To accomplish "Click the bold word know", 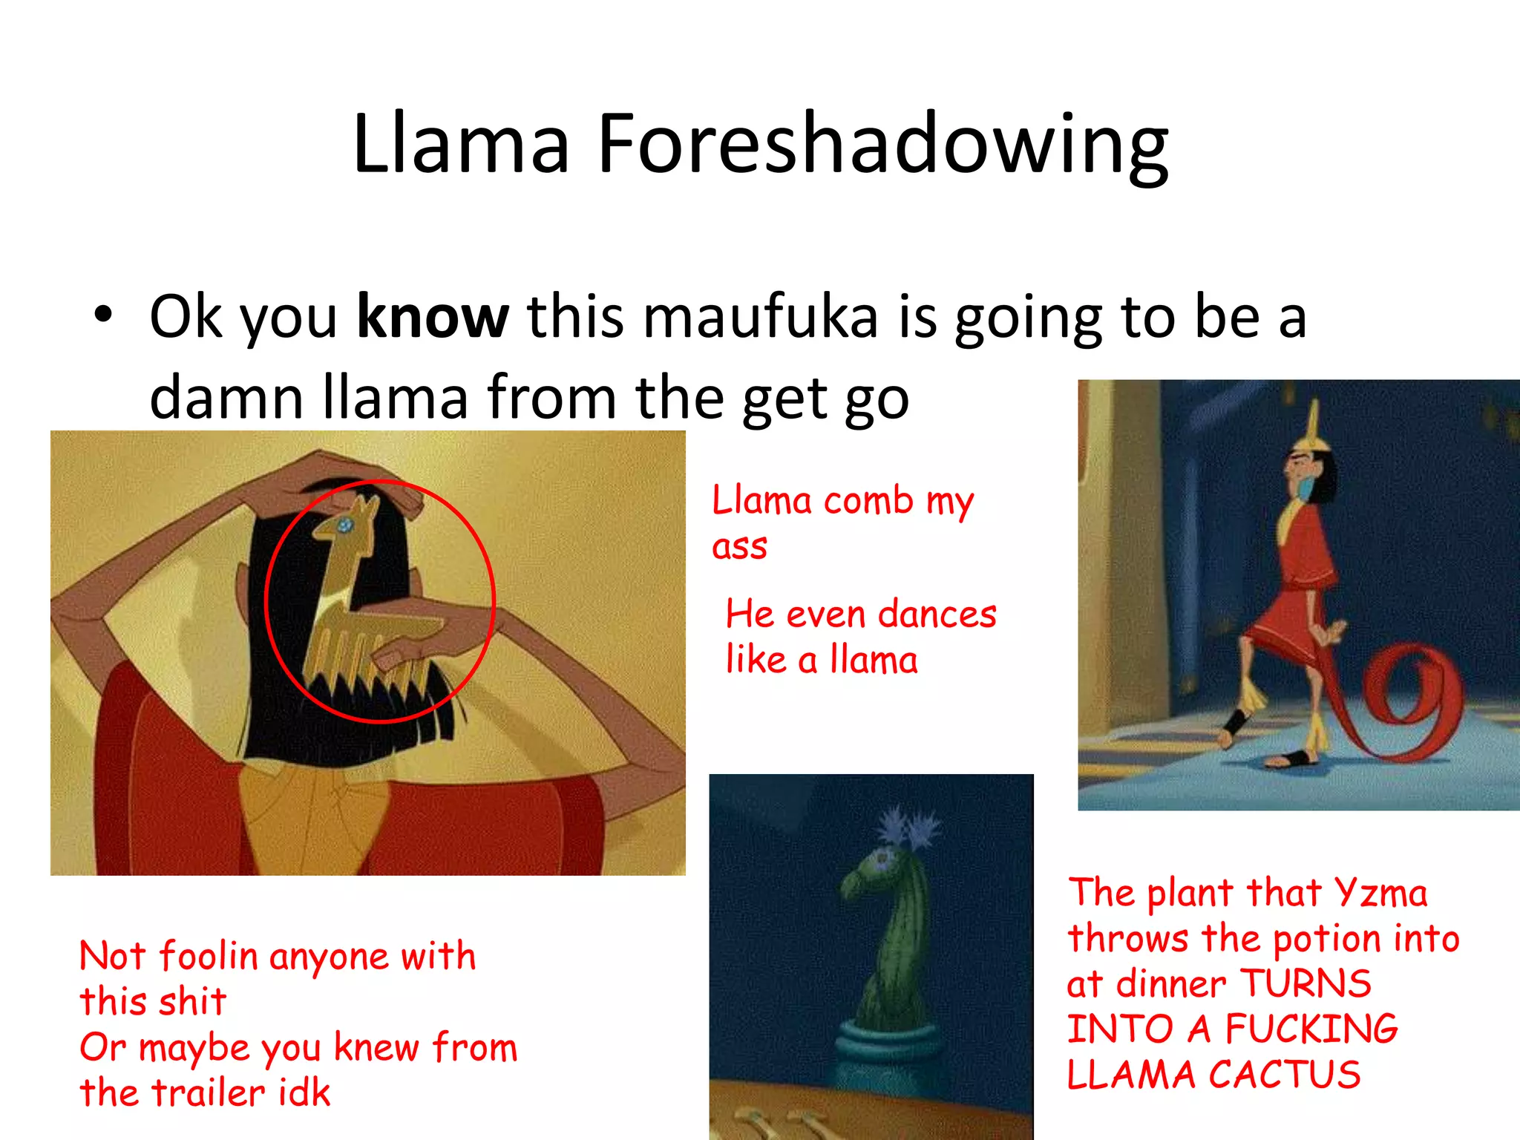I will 433,317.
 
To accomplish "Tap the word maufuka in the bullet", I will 759,317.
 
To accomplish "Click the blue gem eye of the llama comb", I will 345,526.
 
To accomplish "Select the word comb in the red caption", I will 868,501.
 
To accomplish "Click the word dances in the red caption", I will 937,615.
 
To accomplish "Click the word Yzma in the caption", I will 1380,893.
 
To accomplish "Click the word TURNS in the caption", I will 1306,984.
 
